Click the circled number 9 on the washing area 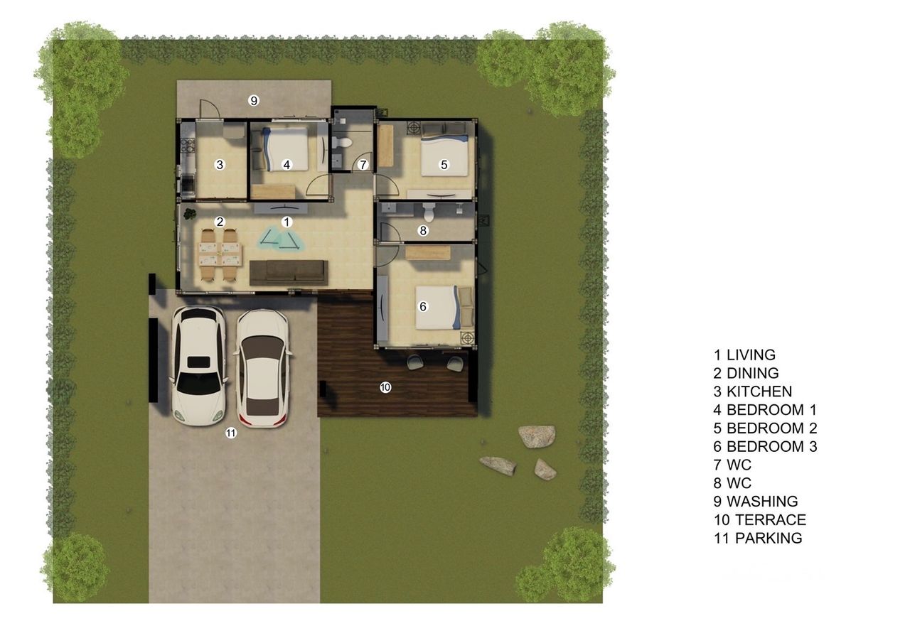pos(254,100)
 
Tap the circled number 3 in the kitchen pos(220,164)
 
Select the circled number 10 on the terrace pos(385,387)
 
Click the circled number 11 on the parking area pos(231,433)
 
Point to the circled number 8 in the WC pos(423,231)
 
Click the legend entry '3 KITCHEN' pos(752,391)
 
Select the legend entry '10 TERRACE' pos(760,519)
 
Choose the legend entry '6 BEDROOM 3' pos(765,446)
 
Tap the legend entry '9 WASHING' pos(756,502)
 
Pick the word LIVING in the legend pos(751,355)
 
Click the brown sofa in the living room pos(289,272)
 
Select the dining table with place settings pos(220,254)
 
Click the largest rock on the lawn pos(537,436)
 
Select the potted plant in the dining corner pos(189,214)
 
